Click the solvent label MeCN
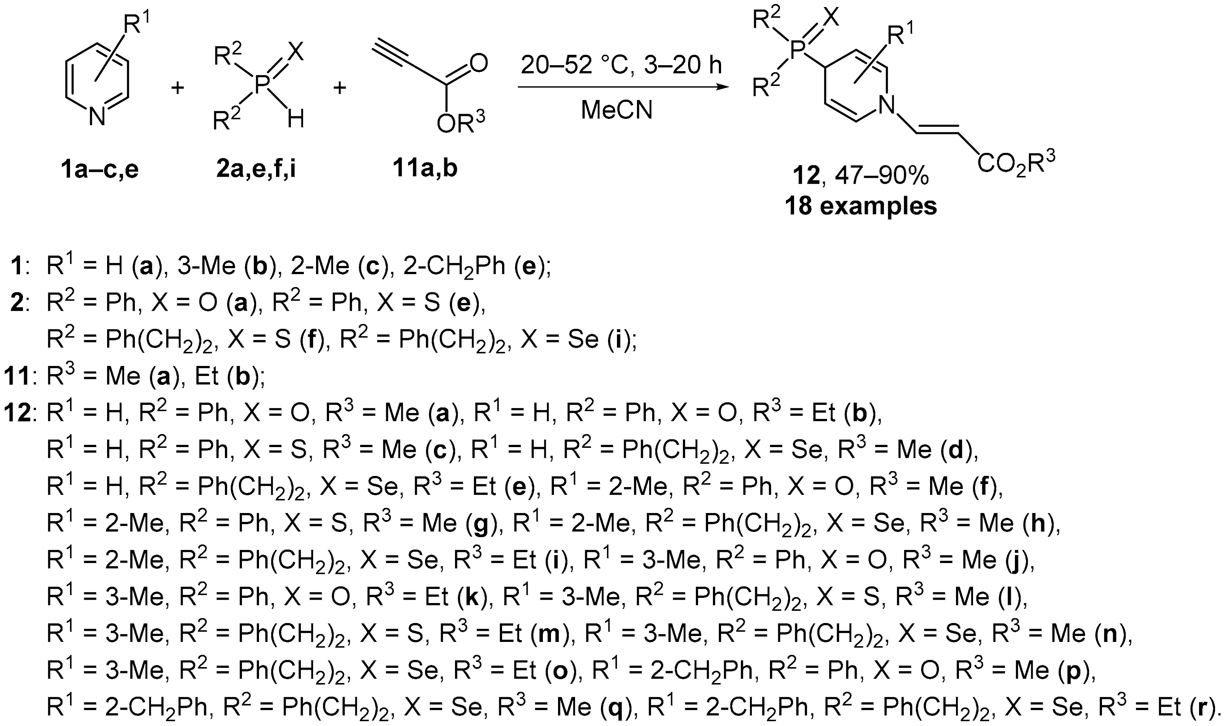(x=617, y=110)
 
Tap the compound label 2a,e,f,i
(x=256, y=169)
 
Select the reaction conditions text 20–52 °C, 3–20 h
(x=621, y=66)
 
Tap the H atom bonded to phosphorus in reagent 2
(x=296, y=119)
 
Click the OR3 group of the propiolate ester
(x=460, y=124)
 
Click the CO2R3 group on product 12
(x=1016, y=163)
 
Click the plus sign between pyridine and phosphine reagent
(x=177, y=89)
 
